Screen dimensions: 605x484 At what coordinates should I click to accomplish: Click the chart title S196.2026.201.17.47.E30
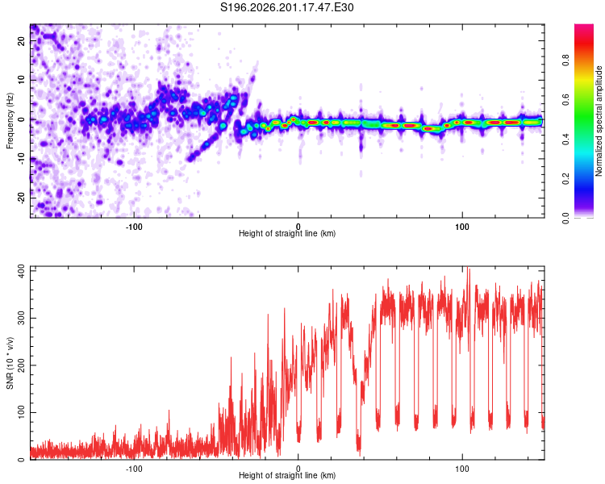(x=286, y=7)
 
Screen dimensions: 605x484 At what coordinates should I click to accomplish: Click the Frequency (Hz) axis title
(x=10, y=121)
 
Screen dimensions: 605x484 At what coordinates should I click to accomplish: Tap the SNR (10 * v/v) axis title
(x=10, y=363)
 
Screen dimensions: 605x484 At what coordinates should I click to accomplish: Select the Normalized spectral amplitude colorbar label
(x=599, y=121)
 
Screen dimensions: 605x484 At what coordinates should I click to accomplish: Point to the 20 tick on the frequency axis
(x=22, y=41)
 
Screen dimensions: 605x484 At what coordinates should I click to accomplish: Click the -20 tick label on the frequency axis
(x=22, y=198)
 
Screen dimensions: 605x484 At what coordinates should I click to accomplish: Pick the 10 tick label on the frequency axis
(x=22, y=81)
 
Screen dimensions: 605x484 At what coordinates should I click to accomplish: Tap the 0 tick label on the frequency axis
(x=22, y=119)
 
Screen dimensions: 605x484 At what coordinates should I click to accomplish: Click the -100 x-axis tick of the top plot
(x=134, y=227)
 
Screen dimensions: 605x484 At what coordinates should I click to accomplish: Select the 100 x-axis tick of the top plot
(x=462, y=227)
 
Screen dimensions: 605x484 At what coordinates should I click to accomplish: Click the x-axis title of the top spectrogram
(x=287, y=233)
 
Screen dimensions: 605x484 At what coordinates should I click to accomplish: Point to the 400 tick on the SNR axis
(x=22, y=271)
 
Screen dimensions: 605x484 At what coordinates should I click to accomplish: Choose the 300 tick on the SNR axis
(x=22, y=318)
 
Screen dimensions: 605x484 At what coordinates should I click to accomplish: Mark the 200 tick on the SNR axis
(x=22, y=365)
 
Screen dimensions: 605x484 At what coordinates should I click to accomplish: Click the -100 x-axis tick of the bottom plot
(x=134, y=469)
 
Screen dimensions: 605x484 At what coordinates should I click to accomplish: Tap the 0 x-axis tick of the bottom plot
(x=298, y=469)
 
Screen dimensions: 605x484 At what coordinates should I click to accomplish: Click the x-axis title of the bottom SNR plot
(x=287, y=475)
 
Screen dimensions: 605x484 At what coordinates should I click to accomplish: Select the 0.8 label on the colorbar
(x=565, y=60)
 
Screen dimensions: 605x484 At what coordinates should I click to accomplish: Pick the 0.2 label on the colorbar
(x=565, y=179)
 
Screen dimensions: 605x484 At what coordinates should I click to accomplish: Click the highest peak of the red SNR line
(x=468, y=267)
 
